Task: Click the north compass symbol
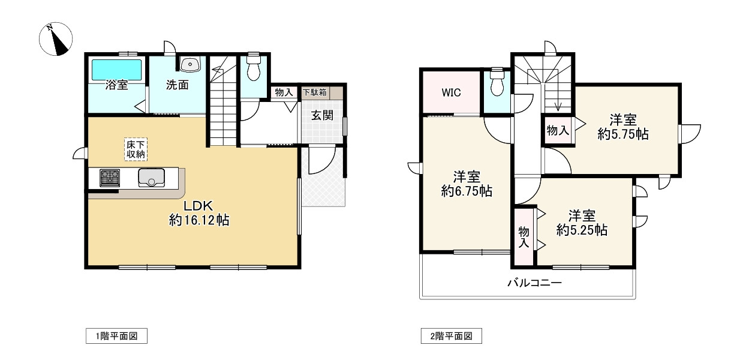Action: click(55, 39)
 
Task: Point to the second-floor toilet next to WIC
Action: click(497, 85)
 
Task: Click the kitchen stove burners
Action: click(110, 178)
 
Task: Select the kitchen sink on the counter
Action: click(151, 178)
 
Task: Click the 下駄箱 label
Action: click(314, 93)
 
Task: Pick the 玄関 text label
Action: click(322, 116)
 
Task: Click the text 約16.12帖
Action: click(198, 220)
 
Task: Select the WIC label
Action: click(452, 93)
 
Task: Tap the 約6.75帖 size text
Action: click(467, 191)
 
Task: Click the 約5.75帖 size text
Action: click(623, 135)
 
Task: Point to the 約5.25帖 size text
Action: click(582, 230)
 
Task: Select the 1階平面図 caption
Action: click(116, 336)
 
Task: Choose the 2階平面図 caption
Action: click(451, 336)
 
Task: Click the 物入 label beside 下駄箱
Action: click(284, 93)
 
